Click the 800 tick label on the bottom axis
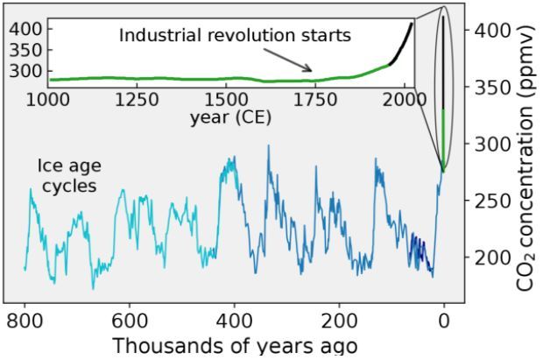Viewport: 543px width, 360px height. click(x=25, y=320)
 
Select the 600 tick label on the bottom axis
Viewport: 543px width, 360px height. click(x=130, y=320)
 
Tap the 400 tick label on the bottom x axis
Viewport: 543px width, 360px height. click(x=235, y=320)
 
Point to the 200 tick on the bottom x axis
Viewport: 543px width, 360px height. click(x=340, y=320)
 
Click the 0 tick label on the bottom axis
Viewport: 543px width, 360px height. click(x=445, y=320)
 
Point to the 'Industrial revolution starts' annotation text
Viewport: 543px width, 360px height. click(x=235, y=36)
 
